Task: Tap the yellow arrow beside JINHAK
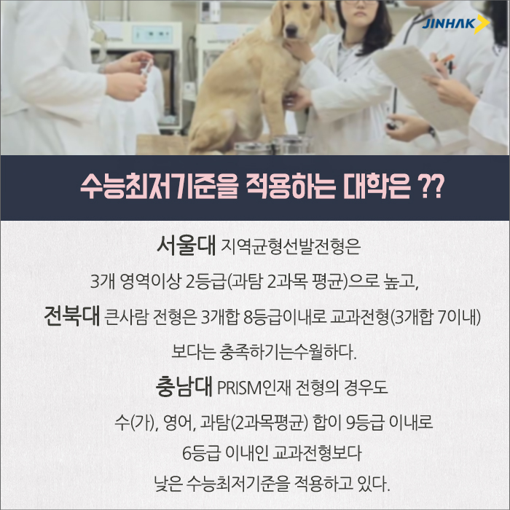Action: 482,24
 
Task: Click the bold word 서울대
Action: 186,246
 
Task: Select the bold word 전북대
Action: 71,315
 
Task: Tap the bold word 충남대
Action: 184,387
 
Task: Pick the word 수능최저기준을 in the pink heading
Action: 160,188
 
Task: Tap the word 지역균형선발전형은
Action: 291,246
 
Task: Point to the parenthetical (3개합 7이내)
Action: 435,317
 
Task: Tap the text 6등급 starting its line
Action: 201,453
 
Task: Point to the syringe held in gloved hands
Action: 146,68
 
